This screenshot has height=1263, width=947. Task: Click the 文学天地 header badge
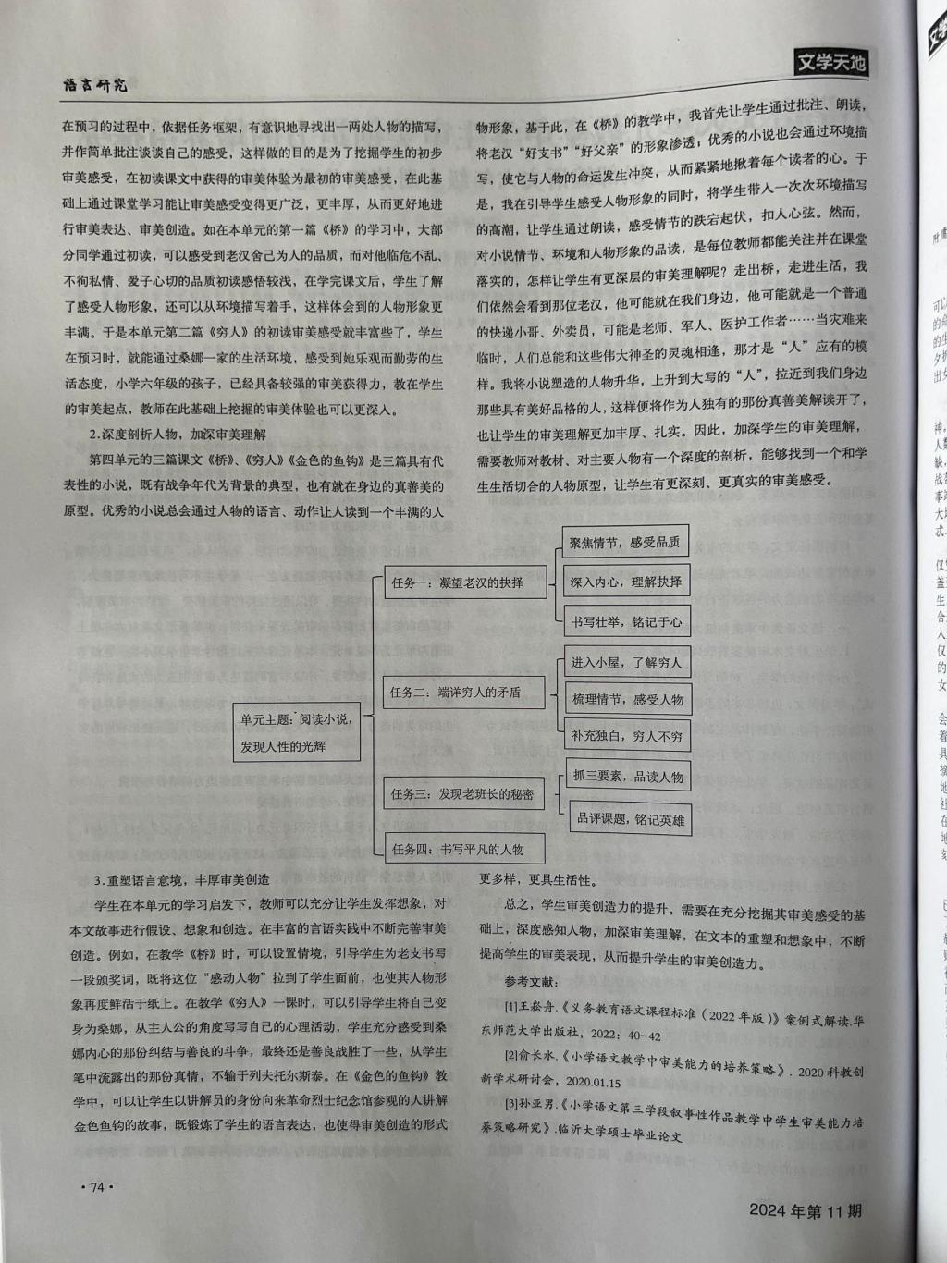click(830, 63)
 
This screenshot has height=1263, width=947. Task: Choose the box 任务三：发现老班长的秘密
click(462, 794)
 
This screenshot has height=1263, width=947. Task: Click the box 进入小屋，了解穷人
click(626, 662)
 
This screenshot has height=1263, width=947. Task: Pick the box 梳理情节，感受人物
click(627, 699)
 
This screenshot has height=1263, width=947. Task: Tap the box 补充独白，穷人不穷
click(626, 736)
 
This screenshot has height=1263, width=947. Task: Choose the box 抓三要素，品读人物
click(627, 777)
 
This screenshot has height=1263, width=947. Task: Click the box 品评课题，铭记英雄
click(630, 818)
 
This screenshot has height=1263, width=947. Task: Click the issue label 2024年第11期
click(806, 1210)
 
